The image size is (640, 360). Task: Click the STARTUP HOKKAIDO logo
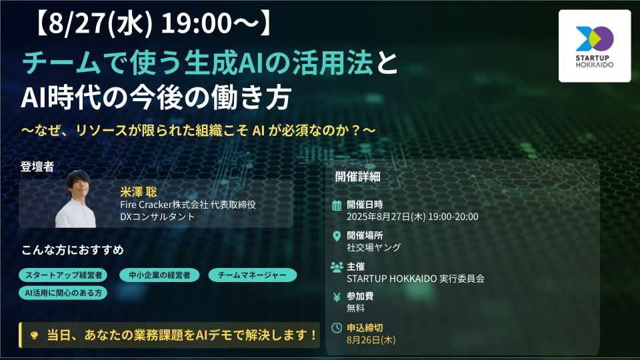click(x=594, y=45)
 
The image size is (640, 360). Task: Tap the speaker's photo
click(x=75, y=199)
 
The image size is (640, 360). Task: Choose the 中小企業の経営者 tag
click(x=159, y=275)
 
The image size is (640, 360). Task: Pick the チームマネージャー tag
click(x=252, y=275)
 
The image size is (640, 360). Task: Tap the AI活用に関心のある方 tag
click(x=63, y=292)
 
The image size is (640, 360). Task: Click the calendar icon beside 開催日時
click(x=337, y=205)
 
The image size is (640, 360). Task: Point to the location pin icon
click(x=337, y=235)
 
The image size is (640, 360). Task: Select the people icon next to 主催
click(x=337, y=267)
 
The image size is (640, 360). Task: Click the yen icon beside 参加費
click(x=337, y=297)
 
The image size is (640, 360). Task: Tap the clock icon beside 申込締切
click(x=337, y=328)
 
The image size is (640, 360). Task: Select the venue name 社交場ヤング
click(x=373, y=247)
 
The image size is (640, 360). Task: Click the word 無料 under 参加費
click(x=356, y=309)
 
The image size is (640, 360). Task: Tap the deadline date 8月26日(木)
click(x=371, y=340)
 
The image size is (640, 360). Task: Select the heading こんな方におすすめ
click(x=73, y=250)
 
